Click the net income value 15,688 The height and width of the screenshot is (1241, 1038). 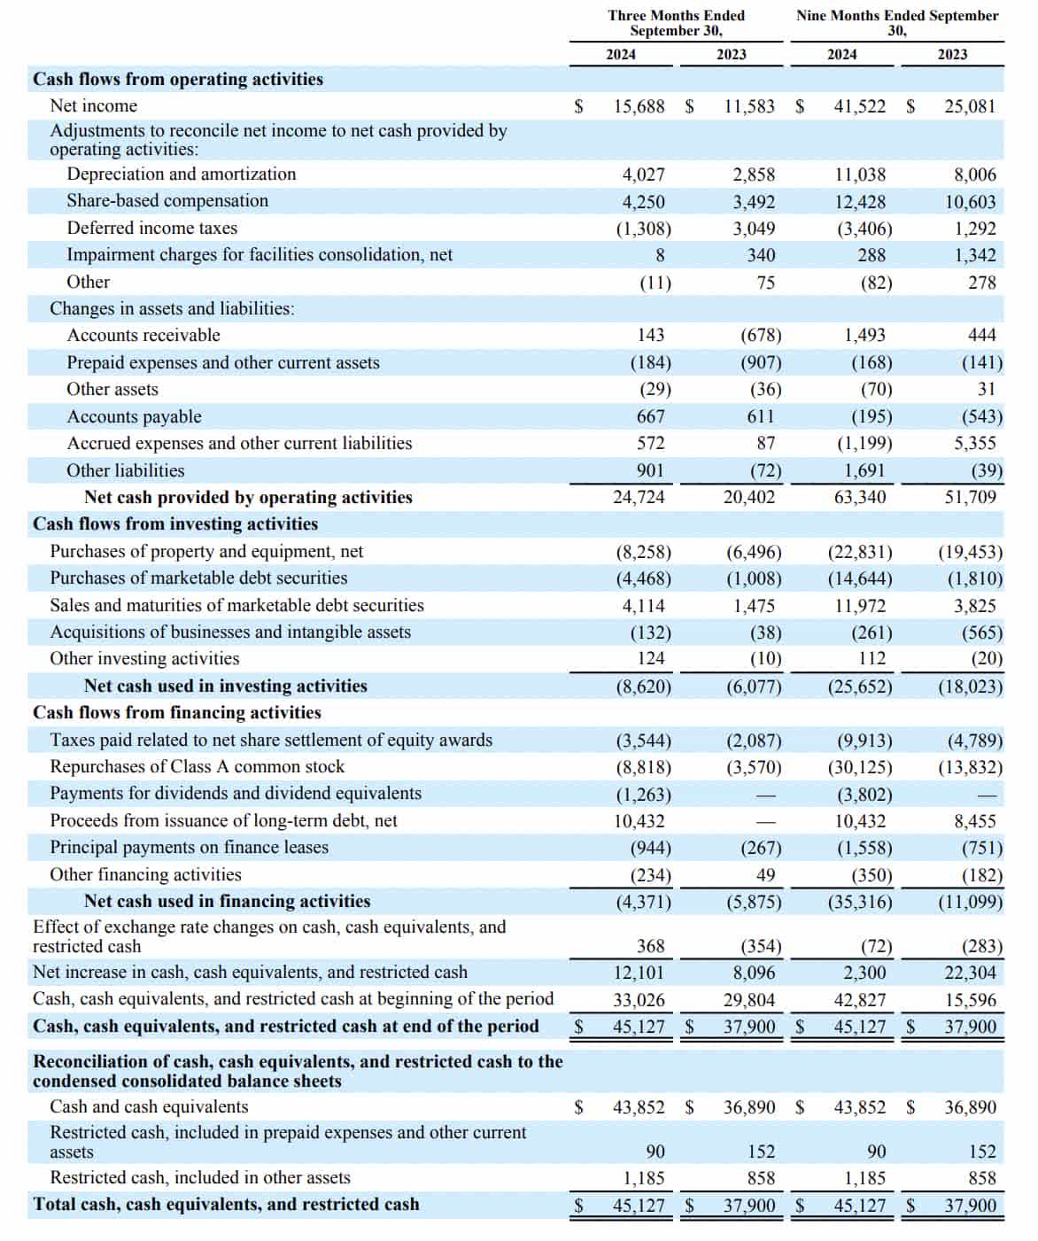pos(639,106)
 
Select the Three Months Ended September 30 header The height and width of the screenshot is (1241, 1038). pos(676,23)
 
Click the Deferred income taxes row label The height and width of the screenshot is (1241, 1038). pos(152,228)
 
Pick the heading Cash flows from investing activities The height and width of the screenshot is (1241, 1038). pos(175,524)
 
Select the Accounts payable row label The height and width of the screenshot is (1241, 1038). pos(135,416)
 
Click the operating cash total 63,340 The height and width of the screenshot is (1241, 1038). pos(860,497)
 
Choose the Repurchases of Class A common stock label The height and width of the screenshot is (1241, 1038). pos(197,766)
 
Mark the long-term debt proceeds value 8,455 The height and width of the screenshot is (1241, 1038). pos(975,821)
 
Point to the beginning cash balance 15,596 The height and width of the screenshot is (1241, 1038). pos(971,1000)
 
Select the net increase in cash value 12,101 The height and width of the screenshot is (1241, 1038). pos(639,973)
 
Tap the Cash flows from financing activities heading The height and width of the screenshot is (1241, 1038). pos(177,712)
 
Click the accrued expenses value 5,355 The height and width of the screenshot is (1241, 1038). pos(975,443)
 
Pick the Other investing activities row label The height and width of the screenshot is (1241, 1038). pos(144,658)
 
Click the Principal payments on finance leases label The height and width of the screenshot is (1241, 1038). pos(189,847)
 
